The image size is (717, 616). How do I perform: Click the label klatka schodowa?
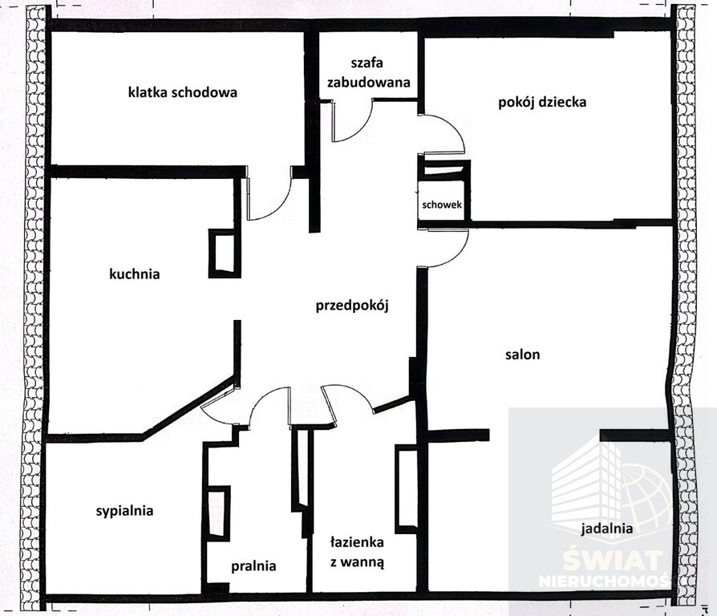pyautogui.click(x=182, y=92)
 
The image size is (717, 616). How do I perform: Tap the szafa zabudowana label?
pyautogui.click(x=367, y=72)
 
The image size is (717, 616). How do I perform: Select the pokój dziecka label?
pyautogui.click(x=542, y=102)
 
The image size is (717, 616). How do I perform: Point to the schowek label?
pyautogui.click(x=442, y=205)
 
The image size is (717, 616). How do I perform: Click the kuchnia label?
pyautogui.click(x=135, y=274)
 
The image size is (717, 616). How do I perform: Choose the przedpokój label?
pyautogui.click(x=352, y=306)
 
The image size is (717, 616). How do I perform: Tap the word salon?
pyautogui.click(x=523, y=355)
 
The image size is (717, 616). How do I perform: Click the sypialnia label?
pyautogui.click(x=124, y=511)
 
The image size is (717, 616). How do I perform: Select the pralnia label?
pyautogui.click(x=253, y=566)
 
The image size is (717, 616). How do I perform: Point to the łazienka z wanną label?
pyautogui.click(x=357, y=552)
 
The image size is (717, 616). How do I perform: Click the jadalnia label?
pyautogui.click(x=607, y=529)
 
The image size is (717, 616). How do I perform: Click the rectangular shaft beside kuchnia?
pyautogui.click(x=225, y=253)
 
